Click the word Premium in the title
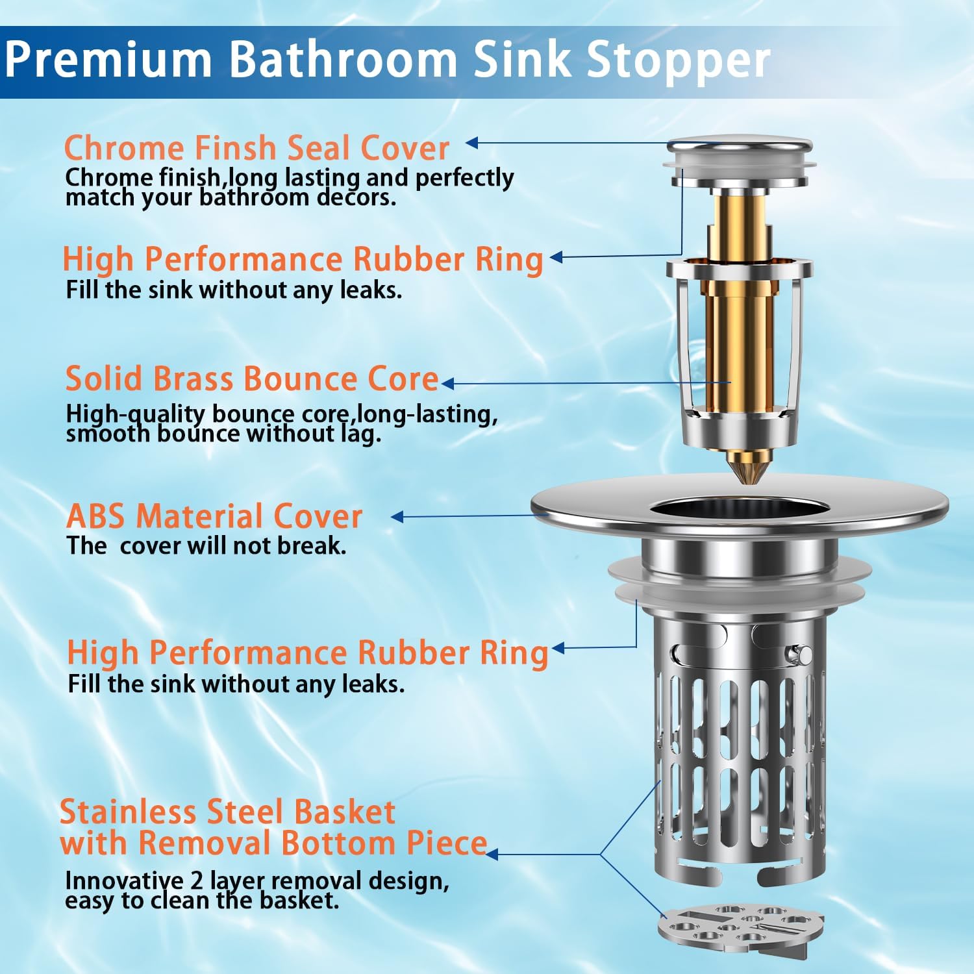(x=108, y=60)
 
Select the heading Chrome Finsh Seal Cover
(x=256, y=147)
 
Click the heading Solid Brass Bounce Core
(x=252, y=379)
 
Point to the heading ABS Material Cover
(x=214, y=516)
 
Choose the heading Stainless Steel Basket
(x=227, y=812)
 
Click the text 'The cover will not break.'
(x=206, y=545)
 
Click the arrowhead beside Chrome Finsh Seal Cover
(x=472, y=143)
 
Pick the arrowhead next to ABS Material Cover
(x=397, y=517)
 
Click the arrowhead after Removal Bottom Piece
(x=492, y=854)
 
